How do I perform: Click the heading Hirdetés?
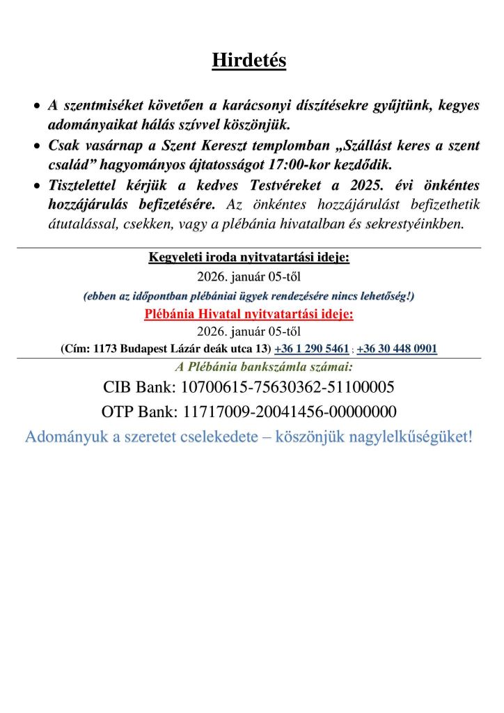coord(249,61)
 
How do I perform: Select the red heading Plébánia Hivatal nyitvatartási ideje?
coord(249,314)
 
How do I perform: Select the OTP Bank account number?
coord(290,411)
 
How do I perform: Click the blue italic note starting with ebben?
coord(249,297)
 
